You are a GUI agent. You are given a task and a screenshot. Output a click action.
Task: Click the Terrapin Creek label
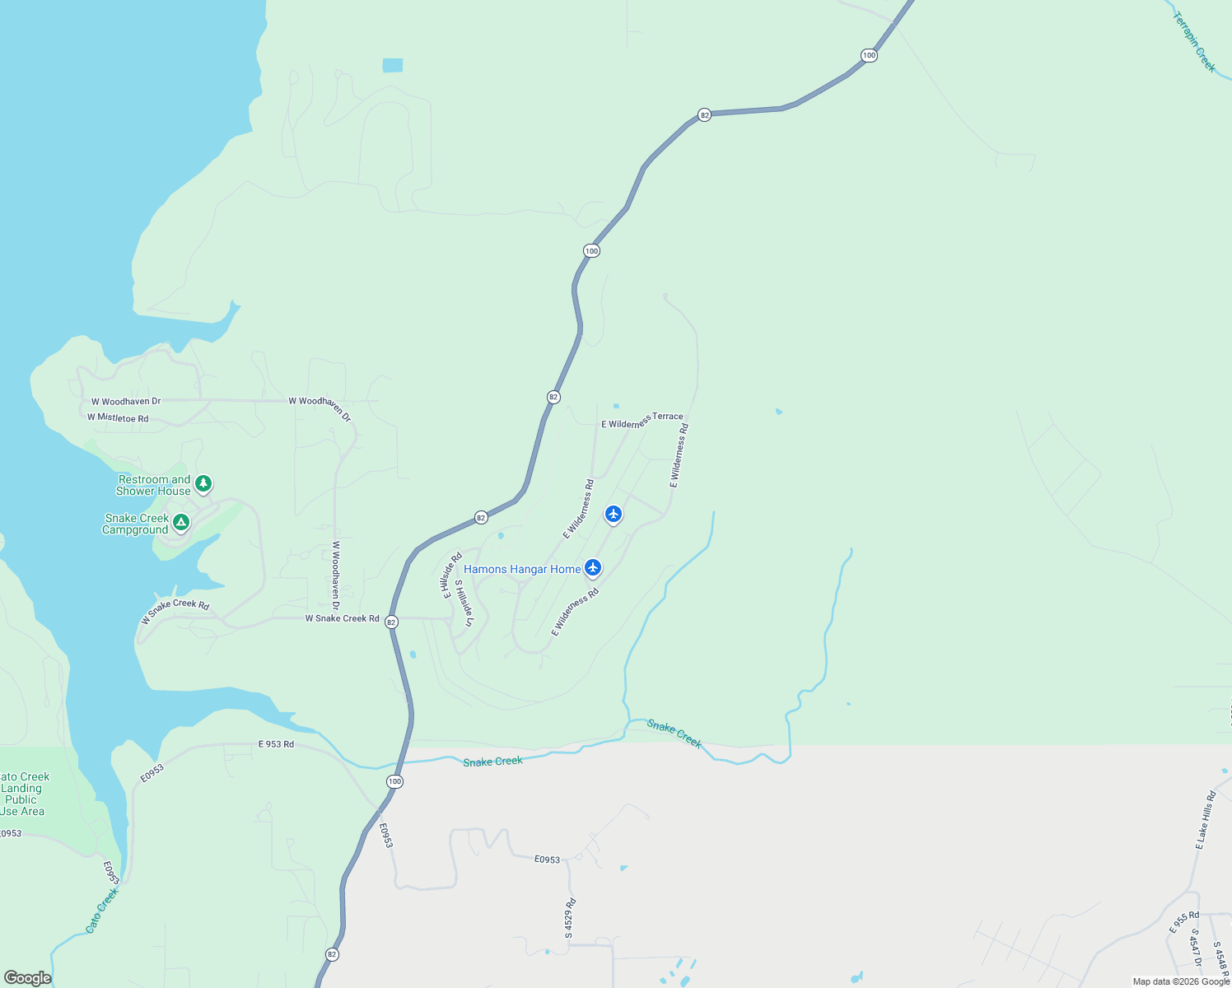[x=1194, y=42]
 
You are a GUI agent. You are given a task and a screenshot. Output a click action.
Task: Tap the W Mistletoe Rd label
[x=118, y=418]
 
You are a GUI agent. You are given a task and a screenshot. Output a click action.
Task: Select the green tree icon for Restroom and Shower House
[x=203, y=484]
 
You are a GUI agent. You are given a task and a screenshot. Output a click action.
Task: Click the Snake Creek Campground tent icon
[x=181, y=522]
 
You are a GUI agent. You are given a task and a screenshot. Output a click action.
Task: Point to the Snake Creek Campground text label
[x=136, y=524]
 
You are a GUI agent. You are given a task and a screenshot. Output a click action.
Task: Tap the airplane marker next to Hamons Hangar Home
[x=593, y=567]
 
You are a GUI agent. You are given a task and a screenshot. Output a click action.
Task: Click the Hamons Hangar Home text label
[x=522, y=569]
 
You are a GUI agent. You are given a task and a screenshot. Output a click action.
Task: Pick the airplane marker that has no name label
[x=613, y=514]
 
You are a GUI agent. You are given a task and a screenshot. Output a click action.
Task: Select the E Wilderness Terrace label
[x=642, y=421]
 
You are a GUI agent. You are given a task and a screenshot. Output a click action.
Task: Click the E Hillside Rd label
[x=452, y=576]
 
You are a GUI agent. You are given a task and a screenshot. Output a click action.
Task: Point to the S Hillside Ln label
[x=464, y=603]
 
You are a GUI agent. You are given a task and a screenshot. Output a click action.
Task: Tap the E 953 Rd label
[x=276, y=744]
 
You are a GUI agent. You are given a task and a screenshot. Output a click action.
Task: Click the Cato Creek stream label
[x=102, y=910]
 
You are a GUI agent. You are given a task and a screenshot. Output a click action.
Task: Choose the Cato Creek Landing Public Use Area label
[x=23, y=794]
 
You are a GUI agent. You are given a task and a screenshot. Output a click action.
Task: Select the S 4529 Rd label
[x=570, y=919]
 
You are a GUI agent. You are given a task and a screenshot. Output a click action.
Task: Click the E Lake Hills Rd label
[x=1206, y=820]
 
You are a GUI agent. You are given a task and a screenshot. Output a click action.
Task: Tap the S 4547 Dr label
[x=1196, y=948]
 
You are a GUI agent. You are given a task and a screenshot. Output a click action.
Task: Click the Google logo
[x=27, y=978]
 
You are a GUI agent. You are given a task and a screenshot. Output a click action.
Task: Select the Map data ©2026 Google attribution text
[x=1181, y=981]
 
